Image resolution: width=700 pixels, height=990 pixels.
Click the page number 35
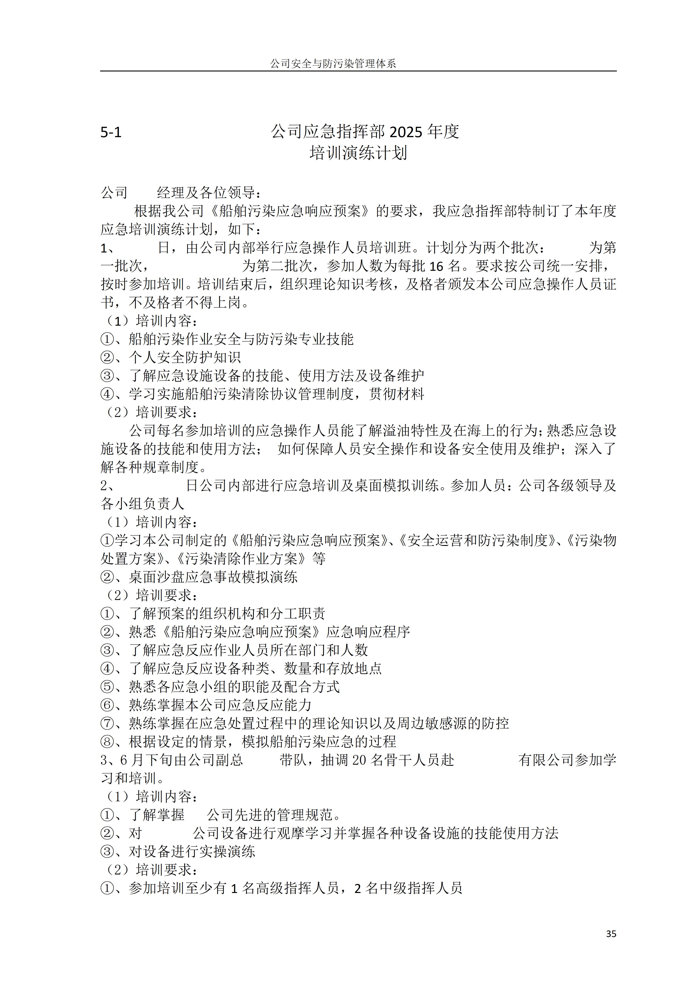pyautogui.click(x=611, y=934)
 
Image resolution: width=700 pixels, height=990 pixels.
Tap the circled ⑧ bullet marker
pyautogui.click(x=107, y=742)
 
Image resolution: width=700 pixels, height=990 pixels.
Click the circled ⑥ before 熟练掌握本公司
pyautogui.click(x=107, y=705)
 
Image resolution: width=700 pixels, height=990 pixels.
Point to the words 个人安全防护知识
pyautogui.click(x=185, y=357)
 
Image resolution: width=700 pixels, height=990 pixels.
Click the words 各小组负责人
pyautogui.click(x=142, y=504)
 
